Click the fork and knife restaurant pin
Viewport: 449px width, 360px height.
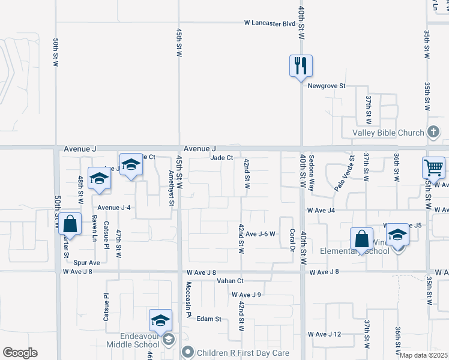tap(301, 65)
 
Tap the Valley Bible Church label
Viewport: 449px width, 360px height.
tap(384, 133)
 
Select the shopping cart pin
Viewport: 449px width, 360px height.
tap(433, 167)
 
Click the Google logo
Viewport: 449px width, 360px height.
tap(20, 353)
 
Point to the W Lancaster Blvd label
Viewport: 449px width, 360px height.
tap(270, 23)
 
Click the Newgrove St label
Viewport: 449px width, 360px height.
tap(327, 86)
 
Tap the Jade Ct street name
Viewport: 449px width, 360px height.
tap(221, 158)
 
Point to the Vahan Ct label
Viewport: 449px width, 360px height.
tap(230, 281)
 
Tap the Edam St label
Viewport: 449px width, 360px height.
tap(209, 319)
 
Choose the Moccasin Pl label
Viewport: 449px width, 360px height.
tap(188, 299)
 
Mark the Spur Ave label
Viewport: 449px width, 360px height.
tap(86, 263)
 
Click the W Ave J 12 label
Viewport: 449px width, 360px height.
tap(324, 334)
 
